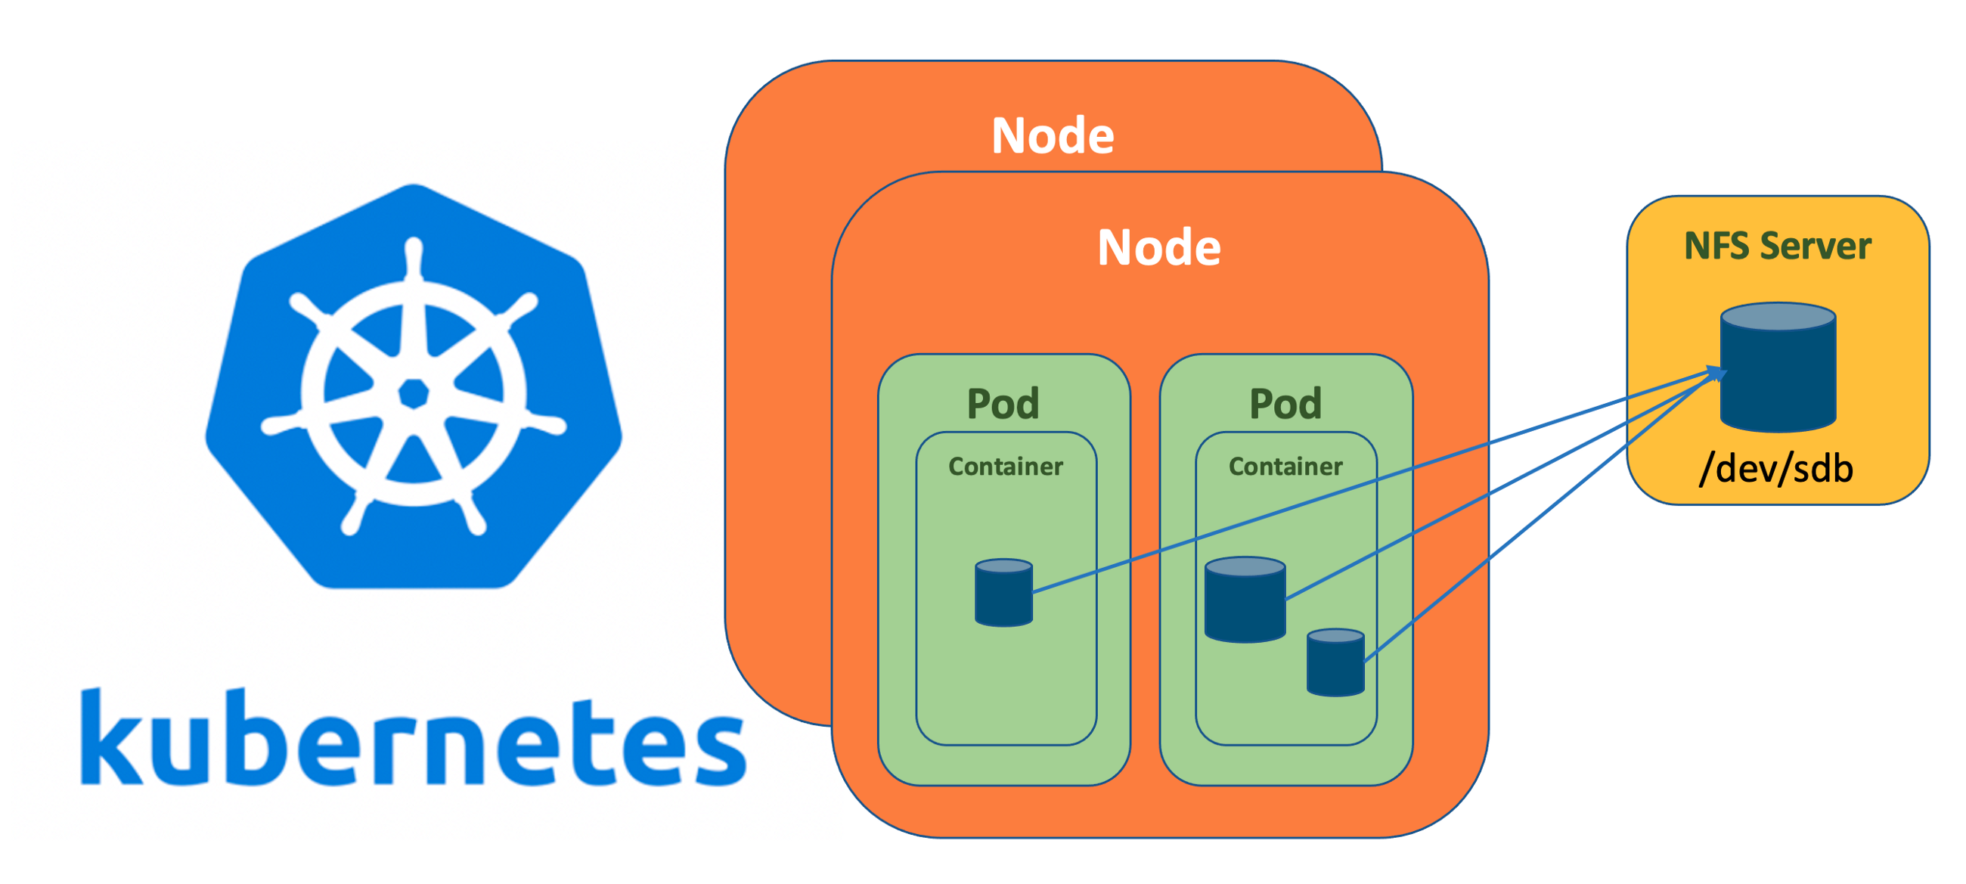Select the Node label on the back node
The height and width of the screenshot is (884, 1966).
pyautogui.click(x=1053, y=136)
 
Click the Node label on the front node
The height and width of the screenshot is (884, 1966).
pyautogui.click(x=1158, y=248)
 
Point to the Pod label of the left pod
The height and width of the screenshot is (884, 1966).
pyautogui.click(x=1003, y=404)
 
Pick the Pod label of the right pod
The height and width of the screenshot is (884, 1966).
pyautogui.click(x=1285, y=404)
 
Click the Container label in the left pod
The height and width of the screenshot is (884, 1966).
pyautogui.click(x=1005, y=467)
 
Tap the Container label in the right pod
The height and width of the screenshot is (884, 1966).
pyautogui.click(x=1285, y=467)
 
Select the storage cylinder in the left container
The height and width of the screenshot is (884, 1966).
pyautogui.click(x=1003, y=593)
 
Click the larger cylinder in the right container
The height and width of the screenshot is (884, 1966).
pyautogui.click(x=1245, y=599)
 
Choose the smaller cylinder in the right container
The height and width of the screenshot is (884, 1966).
pyautogui.click(x=1335, y=662)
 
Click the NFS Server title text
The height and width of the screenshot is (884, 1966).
pyautogui.click(x=1778, y=247)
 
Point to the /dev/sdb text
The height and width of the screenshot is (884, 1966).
pyautogui.click(x=1776, y=468)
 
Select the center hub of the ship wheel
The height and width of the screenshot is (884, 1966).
pyautogui.click(x=414, y=394)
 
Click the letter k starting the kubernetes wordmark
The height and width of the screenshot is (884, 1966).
pyautogui.click(x=110, y=737)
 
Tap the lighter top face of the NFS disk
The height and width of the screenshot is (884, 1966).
pyautogui.click(x=1778, y=316)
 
